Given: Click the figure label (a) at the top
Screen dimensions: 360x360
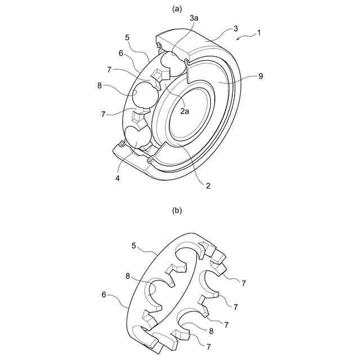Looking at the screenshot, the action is (x=178, y=8).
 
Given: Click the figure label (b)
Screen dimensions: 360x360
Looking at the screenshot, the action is (x=178, y=211).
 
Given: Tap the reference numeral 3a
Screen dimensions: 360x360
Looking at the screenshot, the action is (x=194, y=19).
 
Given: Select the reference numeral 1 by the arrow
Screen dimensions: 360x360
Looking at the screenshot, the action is (x=259, y=33).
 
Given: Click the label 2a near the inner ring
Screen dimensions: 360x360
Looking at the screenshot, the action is (x=185, y=112).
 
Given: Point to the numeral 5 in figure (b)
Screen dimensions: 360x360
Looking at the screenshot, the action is (x=134, y=245).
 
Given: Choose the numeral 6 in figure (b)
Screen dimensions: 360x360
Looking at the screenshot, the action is (x=104, y=294).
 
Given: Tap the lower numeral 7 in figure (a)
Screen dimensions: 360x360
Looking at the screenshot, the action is (x=103, y=114).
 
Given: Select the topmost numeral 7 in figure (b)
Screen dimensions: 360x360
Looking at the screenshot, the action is (x=244, y=283).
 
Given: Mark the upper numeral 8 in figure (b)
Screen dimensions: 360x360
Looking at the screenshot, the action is (x=128, y=276).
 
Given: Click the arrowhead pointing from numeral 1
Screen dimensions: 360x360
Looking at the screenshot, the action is (x=238, y=39).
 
